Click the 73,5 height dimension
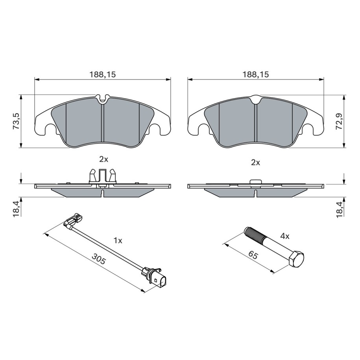click(x=17, y=121)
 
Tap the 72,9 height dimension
click(x=340, y=122)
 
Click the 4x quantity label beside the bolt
click(x=285, y=236)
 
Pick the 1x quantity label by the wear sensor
click(x=118, y=241)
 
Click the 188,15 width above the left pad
click(x=102, y=74)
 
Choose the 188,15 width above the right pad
click(x=255, y=74)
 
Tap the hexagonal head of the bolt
click(x=296, y=259)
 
